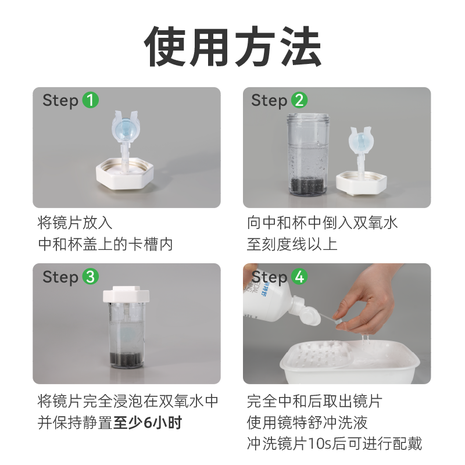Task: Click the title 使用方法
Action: click(x=233, y=46)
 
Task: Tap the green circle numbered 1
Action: click(x=90, y=100)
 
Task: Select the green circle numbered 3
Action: click(x=90, y=277)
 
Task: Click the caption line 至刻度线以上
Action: click(x=292, y=244)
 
